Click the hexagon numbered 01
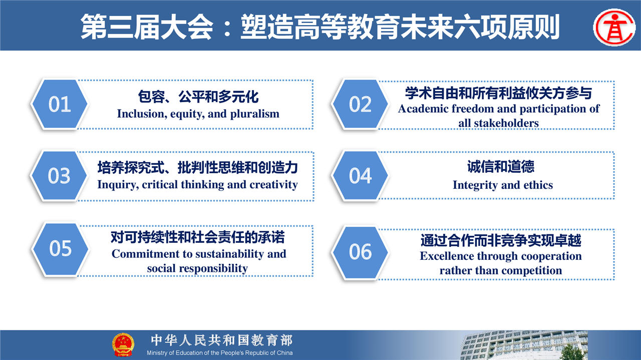(60, 104)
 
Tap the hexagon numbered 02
(360, 104)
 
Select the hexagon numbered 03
(59, 175)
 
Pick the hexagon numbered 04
(360, 175)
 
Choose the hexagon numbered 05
(60, 248)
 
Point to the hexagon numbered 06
(360, 252)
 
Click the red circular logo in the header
(614, 28)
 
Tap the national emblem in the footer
(123, 345)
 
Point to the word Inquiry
(116, 185)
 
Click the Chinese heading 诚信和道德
(501, 167)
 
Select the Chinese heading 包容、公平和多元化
(198, 97)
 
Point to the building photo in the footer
(524, 345)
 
